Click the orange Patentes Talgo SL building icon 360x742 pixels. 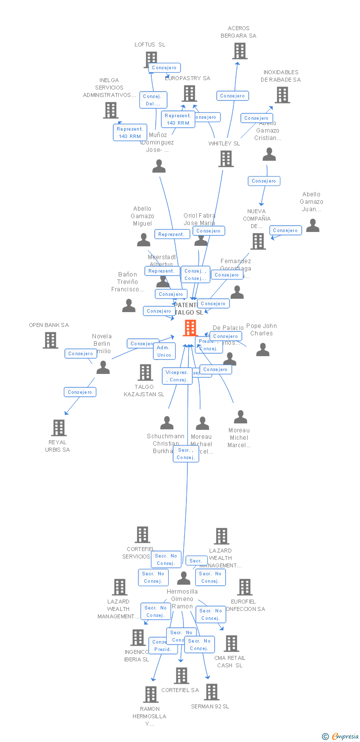[x=190, y=328]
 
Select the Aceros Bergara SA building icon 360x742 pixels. [x=240, y=51]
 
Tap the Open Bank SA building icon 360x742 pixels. [x=50, y=340]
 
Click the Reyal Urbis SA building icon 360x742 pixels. [x=59, y=428]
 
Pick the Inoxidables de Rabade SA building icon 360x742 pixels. [x=282, y=95]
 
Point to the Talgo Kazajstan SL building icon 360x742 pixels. [x=145, y=372]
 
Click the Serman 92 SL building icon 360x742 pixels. [x=212, y=692]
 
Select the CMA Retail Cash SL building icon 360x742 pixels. [x=231, y=644]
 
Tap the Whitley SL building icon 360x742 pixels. [x=226, y=159]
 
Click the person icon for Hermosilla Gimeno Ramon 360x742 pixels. [x=184, y=578]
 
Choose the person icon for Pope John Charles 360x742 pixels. [x=263, y=349]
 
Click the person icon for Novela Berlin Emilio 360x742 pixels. [x=103, y=367]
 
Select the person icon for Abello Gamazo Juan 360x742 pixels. [x=313, y=226]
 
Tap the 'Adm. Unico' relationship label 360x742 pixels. [x=164, y=351]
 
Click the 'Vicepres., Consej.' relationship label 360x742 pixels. [x=177, y=376]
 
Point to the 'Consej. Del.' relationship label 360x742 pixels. [x=153, y=100]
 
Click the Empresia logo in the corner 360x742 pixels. [x=340, y=737]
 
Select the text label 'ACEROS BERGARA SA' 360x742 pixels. [x=239, y=32]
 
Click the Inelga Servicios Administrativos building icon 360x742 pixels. [x=110, y=110]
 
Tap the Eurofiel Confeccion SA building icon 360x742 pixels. [x=245, y=587]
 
